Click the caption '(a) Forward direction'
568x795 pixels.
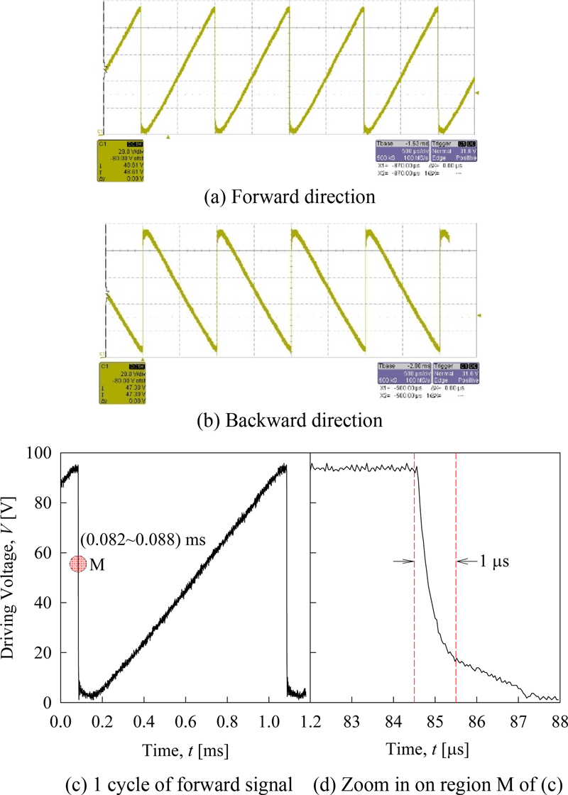pyautogui.click(x=284, y=194)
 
